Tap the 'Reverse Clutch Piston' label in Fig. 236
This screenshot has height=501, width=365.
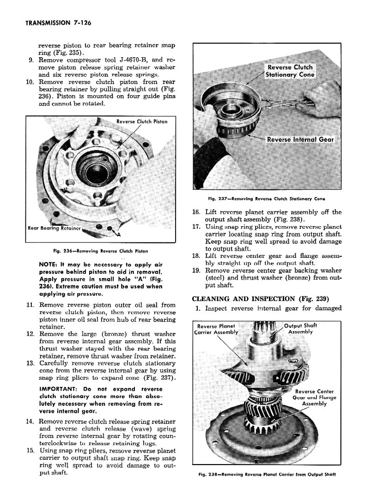(x=142, y=121)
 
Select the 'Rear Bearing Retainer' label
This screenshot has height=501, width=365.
(x=55, y=228)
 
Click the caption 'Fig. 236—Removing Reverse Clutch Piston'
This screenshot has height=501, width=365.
(x=100, y=251)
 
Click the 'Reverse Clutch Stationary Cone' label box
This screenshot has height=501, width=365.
(x=291, y=71)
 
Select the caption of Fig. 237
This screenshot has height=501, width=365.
(x=267, y=199)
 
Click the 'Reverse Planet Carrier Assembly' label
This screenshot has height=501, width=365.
(x=217, y=328)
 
